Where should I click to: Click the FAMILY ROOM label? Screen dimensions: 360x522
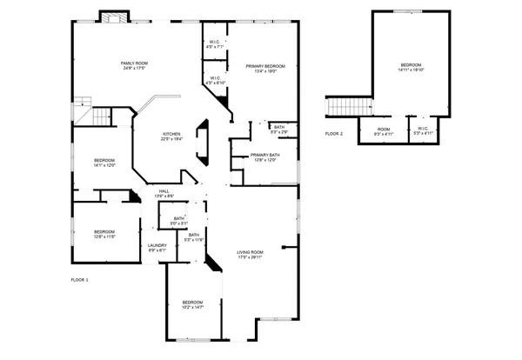pos(134,63)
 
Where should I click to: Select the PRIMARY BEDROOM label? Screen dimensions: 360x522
pos(264,65)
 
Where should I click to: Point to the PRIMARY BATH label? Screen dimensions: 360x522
pos(264,155)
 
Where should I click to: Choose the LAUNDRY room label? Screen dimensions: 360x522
pos(157,245)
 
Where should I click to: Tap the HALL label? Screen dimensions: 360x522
pos(164,191)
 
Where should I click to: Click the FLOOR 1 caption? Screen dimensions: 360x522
pos(79,280)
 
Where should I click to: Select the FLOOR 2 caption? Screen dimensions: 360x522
pos(334,134)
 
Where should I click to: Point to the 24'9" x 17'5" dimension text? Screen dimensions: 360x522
pos(134,68)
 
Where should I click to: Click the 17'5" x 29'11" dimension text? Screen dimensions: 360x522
pos(250,257)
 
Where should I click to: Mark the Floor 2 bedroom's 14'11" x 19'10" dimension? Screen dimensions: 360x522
pos(411,70)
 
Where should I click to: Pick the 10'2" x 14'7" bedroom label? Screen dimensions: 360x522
pos(193,302)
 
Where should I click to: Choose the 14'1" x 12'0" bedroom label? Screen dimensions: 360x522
pos(104,160)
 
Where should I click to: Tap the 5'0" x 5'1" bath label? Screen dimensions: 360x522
pos(179,218)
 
